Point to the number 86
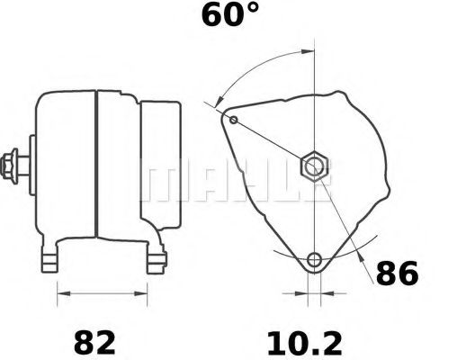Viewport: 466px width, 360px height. point(396,274)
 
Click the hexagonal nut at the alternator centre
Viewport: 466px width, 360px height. point(315,165)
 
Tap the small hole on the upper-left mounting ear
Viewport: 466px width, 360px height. point(234,120)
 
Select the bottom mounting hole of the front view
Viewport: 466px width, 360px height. point(314,261)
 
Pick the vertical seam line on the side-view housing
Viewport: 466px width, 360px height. point(95,166)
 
